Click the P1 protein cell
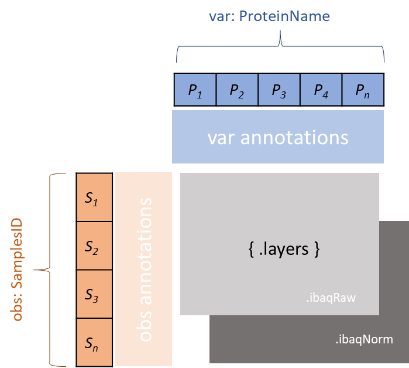point(195,90)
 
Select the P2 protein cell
point(237,90)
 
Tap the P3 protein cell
point(279,90)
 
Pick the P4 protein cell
point(321,90)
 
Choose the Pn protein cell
point(363,90)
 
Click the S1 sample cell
point(94,198)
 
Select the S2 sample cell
point(94,246)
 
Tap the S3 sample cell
point(94,295)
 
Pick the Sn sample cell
point(94,342)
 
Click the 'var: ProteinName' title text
point(269,16)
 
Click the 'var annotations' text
point(278,137)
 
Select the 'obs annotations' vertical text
point(143,269)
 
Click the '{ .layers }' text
point(280,250)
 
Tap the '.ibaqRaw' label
point(331,298)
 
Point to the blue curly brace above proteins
point(280,49)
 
